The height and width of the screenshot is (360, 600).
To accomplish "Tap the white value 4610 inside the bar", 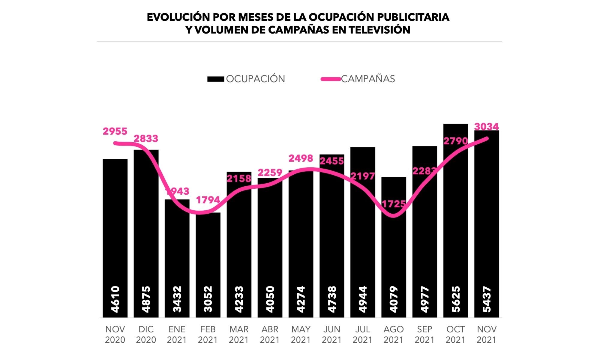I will click(115, 299).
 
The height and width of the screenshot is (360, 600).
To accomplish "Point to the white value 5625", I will click(455, 299).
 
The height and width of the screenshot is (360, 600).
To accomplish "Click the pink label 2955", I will click(115, 131).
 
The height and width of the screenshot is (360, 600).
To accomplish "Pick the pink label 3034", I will click(486, 127).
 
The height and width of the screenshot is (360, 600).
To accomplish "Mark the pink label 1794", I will click(208, 200).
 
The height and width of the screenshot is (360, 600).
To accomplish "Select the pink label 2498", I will click(301, 158).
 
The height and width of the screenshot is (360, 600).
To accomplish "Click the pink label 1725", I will click(394, 204).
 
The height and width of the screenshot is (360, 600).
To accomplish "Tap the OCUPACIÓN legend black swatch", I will click(216, 79).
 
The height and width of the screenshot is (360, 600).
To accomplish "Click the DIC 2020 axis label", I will click(146, 334).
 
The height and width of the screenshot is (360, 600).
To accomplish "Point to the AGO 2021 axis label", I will click(394, 334).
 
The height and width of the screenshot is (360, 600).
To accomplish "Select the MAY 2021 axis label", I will click(301, 334).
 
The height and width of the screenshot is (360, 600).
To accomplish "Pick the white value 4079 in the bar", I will click(394, 299).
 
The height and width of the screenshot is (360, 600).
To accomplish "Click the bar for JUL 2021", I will click(363, 240).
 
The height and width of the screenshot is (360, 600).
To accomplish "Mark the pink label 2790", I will click(455, 141).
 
